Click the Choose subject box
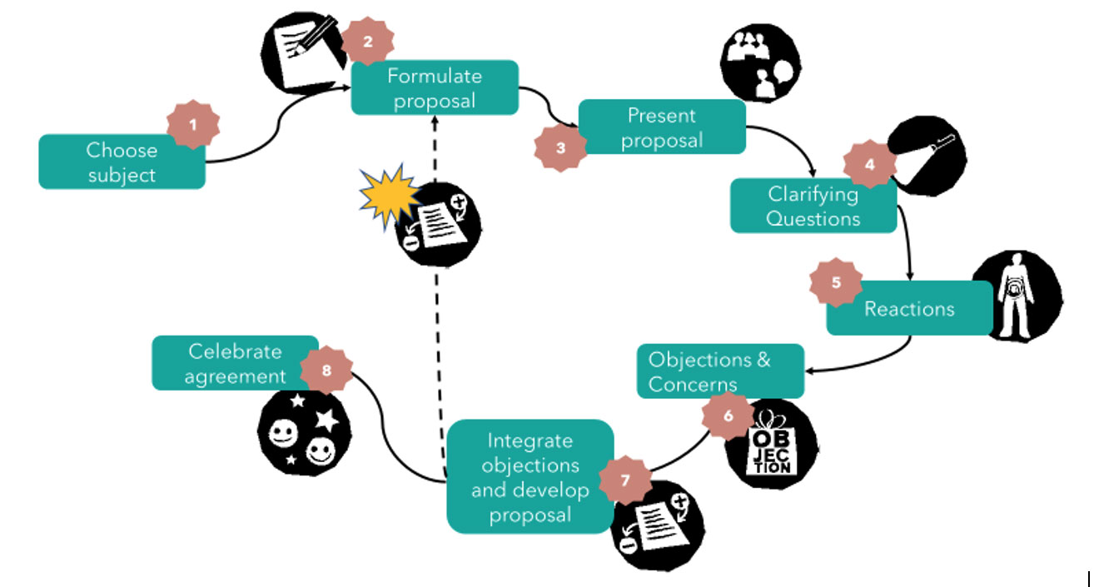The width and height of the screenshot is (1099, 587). pos(122,162)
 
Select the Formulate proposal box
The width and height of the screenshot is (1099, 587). pos(434,87)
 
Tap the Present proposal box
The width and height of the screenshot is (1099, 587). pos(661,127)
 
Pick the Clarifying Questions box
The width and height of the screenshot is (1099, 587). pos(813,206)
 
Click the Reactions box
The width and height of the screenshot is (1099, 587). pos(908,309)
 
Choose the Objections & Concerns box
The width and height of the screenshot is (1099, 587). pos(720,371)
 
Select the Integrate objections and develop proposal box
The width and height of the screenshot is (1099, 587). pos(530,477)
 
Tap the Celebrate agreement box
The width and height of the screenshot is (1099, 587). pos(234,363)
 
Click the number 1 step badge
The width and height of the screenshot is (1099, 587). pos(193,125)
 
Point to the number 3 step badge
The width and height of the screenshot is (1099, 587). pos(560,147)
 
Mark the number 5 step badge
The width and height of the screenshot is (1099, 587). pos(836,281)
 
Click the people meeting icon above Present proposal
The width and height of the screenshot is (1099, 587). pos(759,62)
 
